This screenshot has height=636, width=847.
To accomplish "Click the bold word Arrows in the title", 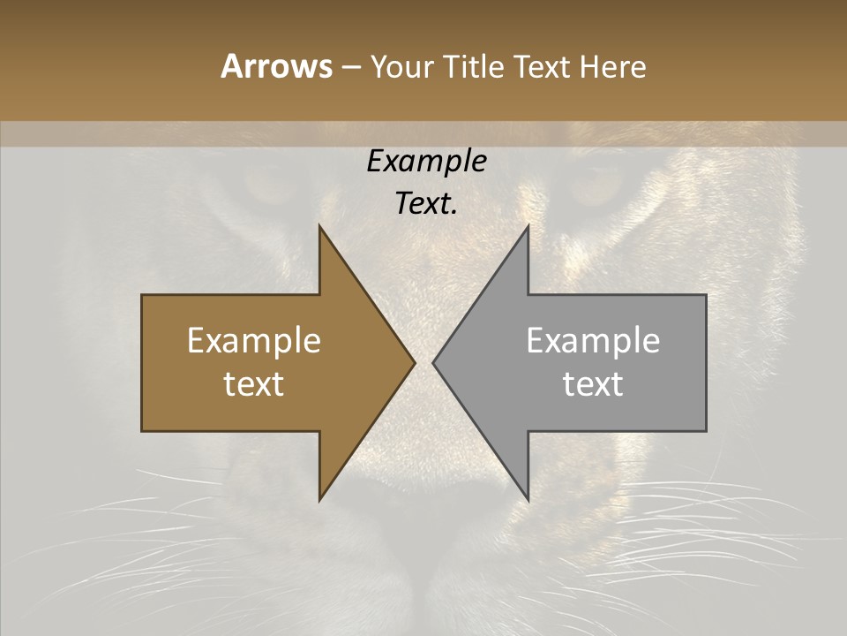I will [x=276, y=66].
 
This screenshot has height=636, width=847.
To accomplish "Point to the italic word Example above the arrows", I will [x=426, y=162].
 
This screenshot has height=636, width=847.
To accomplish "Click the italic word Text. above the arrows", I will [x=426, y=204].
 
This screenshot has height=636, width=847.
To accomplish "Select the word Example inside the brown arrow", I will [x=254, y=341].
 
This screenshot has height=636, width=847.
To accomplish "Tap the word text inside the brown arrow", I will [x=254, y=384].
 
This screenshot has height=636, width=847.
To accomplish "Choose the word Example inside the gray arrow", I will [x=593, y=341].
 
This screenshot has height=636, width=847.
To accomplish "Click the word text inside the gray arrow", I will [x=593, y=384].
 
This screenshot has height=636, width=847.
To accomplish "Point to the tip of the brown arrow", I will [x=414, y=362].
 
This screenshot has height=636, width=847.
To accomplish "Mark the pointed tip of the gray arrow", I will [x=434, y=362].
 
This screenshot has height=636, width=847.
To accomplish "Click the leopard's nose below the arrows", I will [x=423, y=521].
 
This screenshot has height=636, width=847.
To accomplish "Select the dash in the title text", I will [x=350, y=67].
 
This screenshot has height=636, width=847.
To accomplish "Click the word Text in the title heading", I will [x=541, y=66].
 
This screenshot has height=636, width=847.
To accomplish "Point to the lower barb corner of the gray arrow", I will [x=528, y=499].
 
